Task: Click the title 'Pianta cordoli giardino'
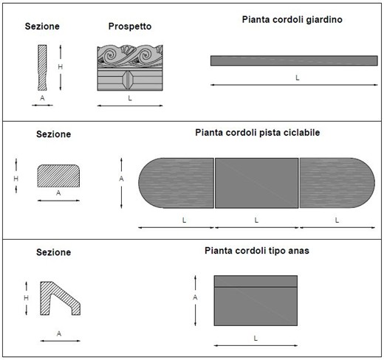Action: (x=292, y=20)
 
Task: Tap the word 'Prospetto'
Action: (x=130, y=27)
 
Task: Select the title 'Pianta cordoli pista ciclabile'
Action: (x=258, y=133)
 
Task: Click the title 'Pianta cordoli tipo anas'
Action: (x=257, y=251)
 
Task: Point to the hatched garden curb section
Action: (x=42, y=68)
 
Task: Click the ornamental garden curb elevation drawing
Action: (x=130, y=68)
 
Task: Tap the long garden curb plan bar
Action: (x=294, y=60)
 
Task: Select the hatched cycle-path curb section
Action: (x=58, y=176)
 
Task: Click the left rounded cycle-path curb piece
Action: (x=176, y=183)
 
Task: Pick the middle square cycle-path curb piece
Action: (x=256, y=183)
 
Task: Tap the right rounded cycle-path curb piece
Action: (x=337, y=183)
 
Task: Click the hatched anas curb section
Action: (x=60, y=298)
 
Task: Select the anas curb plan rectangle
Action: (x=256, y=301)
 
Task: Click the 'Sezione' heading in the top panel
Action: (x=42, y=27)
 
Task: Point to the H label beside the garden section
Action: (x=61, y=66)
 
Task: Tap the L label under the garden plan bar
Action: (x=298, y=78)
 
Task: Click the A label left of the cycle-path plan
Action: (x=121, y=179)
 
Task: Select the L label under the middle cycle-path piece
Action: (x=256, y=220)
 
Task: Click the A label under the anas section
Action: (x=59, y=333)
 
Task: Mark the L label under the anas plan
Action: (x=256, y=339)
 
